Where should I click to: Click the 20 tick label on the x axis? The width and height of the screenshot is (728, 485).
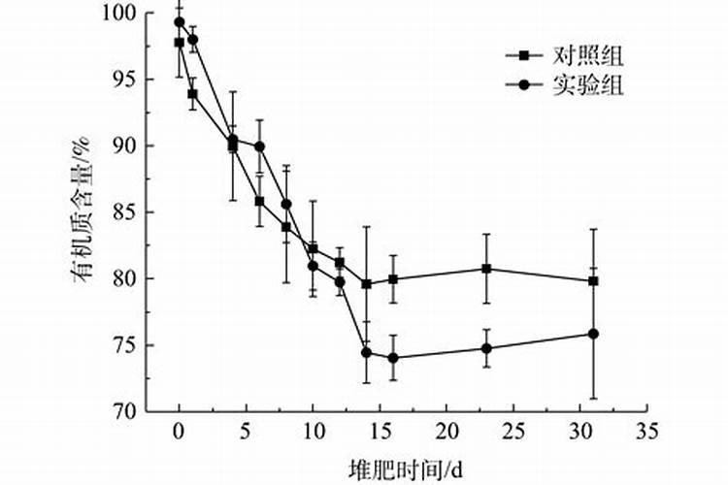click(x=447, y=429)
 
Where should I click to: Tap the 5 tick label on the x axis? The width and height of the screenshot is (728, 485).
click(x=246, y=429)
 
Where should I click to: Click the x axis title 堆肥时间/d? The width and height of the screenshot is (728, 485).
click(x=405, y=467)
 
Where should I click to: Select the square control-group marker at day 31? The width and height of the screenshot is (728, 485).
click(x=593, y=281)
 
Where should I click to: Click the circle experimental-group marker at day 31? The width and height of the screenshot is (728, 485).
click(x=593, y=334)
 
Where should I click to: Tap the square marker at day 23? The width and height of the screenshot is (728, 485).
click(x=486, y=269)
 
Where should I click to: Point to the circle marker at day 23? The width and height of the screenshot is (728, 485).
click(x=486, y=348)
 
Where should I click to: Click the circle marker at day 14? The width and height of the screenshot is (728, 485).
click(x=366, y=352)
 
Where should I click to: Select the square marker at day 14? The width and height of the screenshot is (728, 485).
click(x=366, y=284)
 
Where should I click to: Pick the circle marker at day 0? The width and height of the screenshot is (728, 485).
click(x=180, y=22)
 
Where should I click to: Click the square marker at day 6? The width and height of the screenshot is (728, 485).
click(x=259, y=201)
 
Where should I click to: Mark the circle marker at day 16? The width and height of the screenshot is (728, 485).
click(x=393, y=358)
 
